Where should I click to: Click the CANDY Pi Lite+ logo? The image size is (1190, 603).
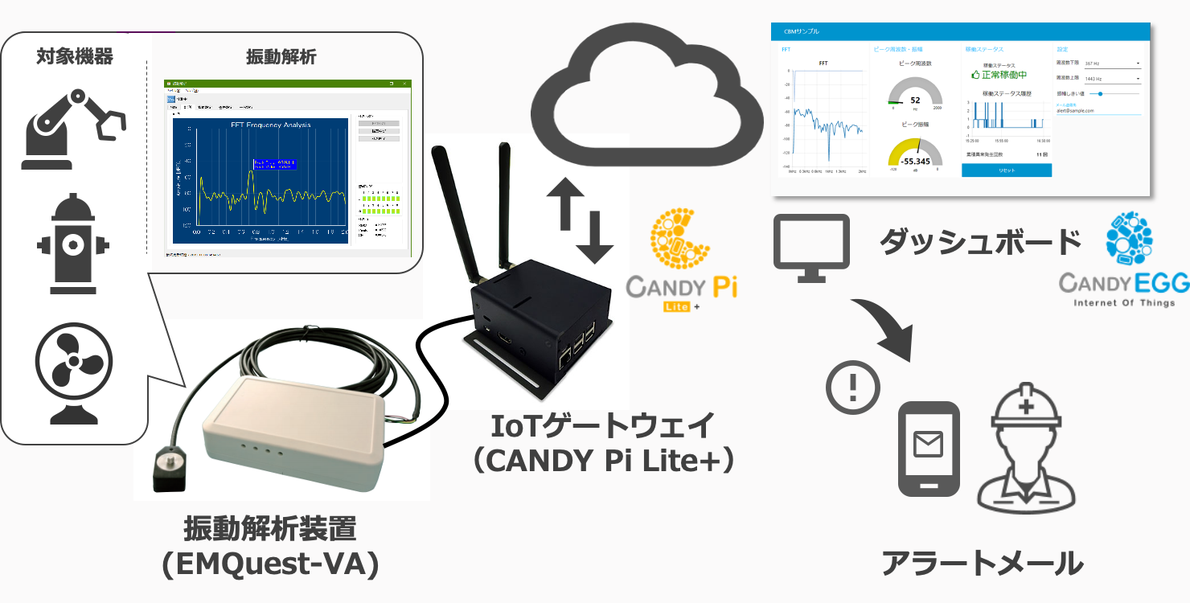click(680, 261)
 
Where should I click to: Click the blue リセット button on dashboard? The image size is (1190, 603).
click(1006, 170)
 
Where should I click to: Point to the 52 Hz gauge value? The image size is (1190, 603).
click(914, 100)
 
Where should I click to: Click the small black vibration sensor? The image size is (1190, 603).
click(170, 471)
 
